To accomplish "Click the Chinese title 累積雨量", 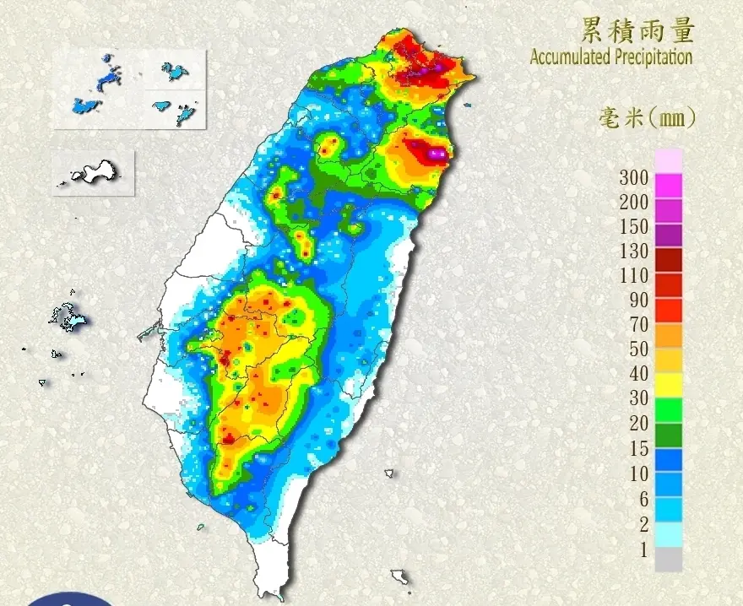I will pos(637,30).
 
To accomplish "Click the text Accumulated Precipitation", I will pos(610,57).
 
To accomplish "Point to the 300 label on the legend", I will pos(633,177).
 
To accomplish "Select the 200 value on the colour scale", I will pos(633,202).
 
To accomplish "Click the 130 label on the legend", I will pos(633,251).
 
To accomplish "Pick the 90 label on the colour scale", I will pos(638,300).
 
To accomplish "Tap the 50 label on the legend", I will pos(638,349).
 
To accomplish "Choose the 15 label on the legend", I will pos(638,449).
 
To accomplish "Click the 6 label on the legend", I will pos(643,499).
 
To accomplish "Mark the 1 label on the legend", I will pos(643,550).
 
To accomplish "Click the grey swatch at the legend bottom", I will pos(669,559).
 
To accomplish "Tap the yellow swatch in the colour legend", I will pos(669,385).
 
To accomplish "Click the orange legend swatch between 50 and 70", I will pos(669,335).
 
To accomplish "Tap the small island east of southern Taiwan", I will pos(389,473).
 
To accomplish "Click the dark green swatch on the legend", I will pos(669,435).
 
